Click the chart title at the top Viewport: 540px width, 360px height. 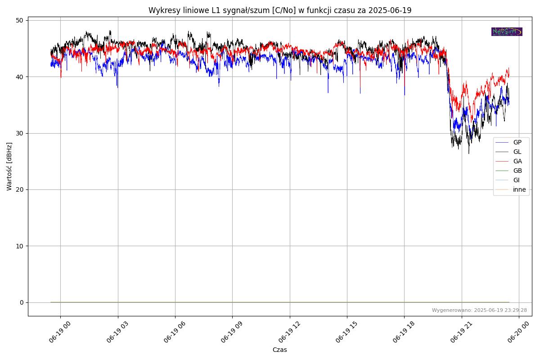(279, 10)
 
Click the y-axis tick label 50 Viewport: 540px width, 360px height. (20, 20)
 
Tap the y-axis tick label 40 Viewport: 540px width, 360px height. (20, 77)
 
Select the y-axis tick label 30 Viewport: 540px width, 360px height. (20, 133)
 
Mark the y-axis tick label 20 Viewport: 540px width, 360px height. (20, 189)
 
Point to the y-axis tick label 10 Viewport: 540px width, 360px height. (20, 246)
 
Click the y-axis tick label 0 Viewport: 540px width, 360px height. (22, 302)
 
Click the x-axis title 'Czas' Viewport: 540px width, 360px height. (279, 350)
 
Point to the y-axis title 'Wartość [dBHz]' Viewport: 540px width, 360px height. (9, 166)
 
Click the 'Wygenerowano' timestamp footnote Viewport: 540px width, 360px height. (479, 310)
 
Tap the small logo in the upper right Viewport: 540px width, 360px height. (507, 31)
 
